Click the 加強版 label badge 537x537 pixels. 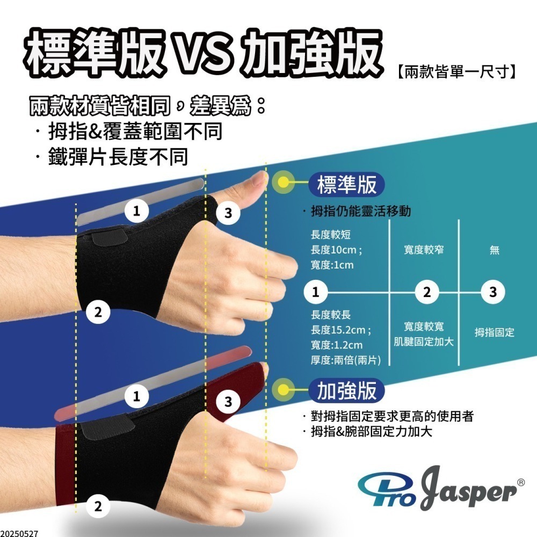point(347,391)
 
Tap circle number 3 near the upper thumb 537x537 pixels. point(228,213)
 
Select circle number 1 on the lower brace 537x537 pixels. point(137,396)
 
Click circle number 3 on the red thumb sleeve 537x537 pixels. point(228,401)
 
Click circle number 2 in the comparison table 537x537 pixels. point(427,293)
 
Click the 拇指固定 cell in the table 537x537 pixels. point(494,333)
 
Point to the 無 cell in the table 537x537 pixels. point(494,250)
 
